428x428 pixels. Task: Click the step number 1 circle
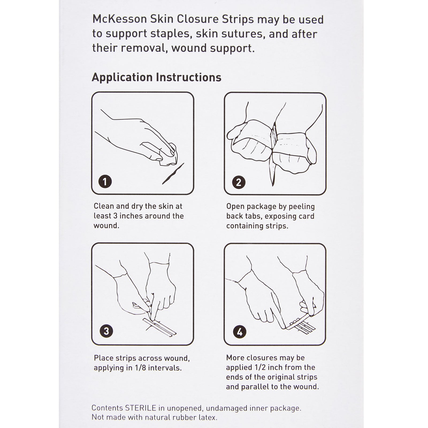point(105,182)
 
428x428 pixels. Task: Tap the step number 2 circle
point(239,182)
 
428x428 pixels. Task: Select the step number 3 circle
point(106,331)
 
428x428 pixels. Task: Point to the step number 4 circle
point(239,332)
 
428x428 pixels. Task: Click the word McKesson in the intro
point(119,20)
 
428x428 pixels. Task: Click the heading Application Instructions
point(156,77)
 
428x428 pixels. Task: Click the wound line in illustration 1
point(173,174)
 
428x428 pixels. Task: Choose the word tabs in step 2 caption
point(253,216)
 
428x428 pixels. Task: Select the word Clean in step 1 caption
point(103,206)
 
